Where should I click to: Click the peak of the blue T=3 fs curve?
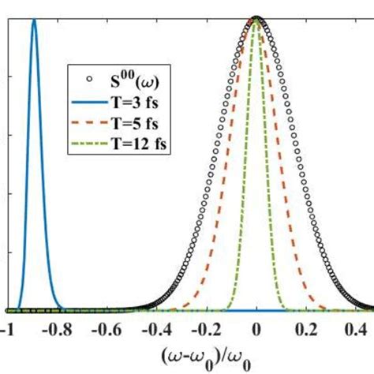coord(34,21)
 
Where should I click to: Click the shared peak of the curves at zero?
coord(256,18)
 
